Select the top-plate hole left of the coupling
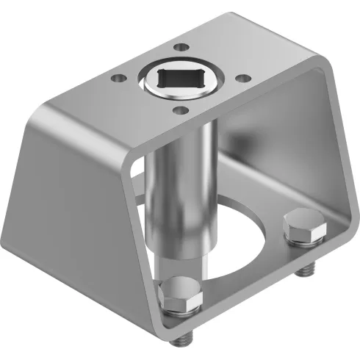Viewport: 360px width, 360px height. click(116, 76)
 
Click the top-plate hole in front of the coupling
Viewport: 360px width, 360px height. click(177, 110)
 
